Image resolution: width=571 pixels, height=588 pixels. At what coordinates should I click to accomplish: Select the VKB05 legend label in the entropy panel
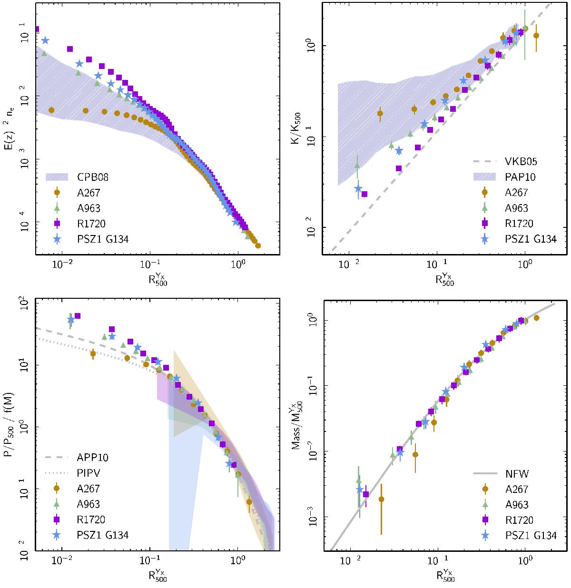point(523,161)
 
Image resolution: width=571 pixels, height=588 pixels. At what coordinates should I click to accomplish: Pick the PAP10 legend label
point(523,177)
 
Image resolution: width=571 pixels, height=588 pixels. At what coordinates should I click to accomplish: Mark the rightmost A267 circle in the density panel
point(258,246)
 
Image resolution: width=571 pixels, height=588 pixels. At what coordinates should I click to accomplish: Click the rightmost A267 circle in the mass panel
point(537,318)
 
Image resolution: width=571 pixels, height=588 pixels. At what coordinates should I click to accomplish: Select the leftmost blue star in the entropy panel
point(358,189)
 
